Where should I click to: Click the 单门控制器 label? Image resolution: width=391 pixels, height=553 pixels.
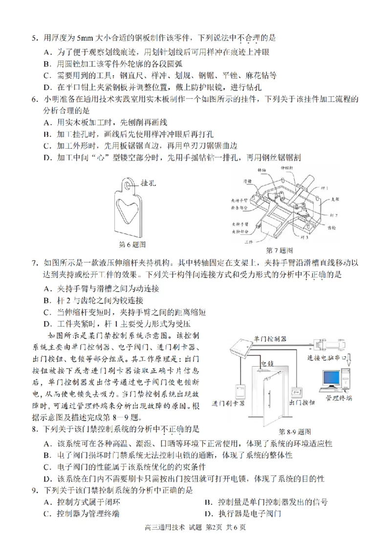[270, 339]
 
